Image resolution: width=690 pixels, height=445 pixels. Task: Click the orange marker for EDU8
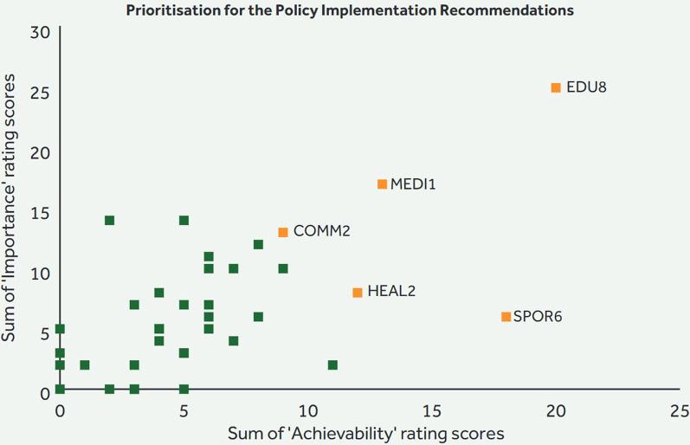point(556,87)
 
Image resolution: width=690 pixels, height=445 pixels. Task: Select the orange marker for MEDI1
point(382,184)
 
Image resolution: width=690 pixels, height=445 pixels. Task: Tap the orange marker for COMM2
point(283,232)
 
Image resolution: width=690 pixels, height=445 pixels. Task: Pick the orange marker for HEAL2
point(358,293)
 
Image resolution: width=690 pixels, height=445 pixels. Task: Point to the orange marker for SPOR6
point(506,317)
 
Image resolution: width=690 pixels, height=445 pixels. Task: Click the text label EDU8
point(586,87)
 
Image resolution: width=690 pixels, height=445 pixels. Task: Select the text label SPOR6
point(538,317)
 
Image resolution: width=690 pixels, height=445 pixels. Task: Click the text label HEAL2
point(391,292)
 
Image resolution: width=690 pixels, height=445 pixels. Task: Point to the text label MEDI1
point(413,184)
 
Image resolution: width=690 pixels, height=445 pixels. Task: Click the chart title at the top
point(350,11)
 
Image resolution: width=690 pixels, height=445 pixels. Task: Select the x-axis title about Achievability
point(365,430)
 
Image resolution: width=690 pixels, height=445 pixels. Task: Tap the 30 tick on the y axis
point(39,33)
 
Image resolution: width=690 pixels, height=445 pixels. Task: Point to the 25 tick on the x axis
point(680,409)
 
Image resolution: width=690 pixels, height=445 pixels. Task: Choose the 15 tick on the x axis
point(431,409)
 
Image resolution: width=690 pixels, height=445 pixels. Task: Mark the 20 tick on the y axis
point(39,153)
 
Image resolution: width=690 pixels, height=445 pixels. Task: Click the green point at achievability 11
point(332,365)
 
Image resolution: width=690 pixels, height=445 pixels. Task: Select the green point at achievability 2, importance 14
point(109,221)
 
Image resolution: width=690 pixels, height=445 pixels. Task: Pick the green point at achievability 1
point(85,365)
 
